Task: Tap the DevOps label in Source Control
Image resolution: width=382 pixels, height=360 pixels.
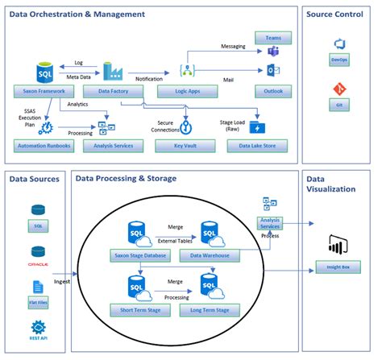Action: click(x=338, y=59)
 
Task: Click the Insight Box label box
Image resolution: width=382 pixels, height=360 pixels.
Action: click(x=338, y=267)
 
